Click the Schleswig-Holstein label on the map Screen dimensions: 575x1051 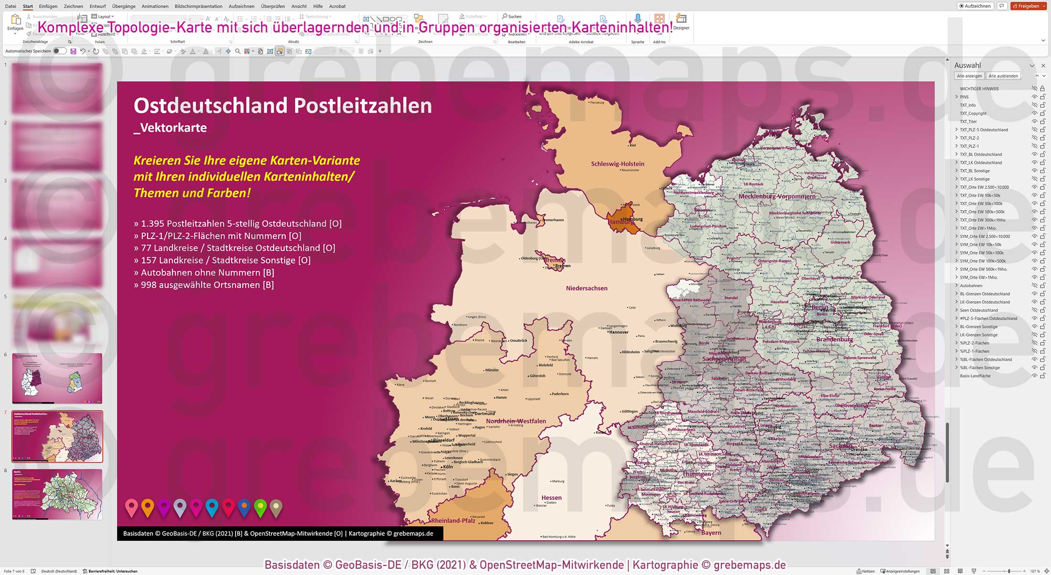617,164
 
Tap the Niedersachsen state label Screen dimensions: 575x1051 587,288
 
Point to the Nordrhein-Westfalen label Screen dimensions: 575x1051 515,421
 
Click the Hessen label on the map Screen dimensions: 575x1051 551,498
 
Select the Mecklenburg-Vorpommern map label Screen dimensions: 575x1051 777,196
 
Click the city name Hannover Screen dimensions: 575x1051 619,332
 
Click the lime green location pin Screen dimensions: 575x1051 260,507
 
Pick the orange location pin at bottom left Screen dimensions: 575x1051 148,507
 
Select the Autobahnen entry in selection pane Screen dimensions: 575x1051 971,285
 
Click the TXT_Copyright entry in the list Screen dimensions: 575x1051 973,113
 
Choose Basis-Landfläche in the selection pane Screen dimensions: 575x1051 975,376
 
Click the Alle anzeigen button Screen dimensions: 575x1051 969,76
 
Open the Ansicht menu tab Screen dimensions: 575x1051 299,6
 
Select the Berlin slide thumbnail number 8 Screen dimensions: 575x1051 57,494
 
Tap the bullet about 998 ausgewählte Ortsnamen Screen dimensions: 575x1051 204,285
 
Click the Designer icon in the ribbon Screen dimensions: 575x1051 681,21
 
